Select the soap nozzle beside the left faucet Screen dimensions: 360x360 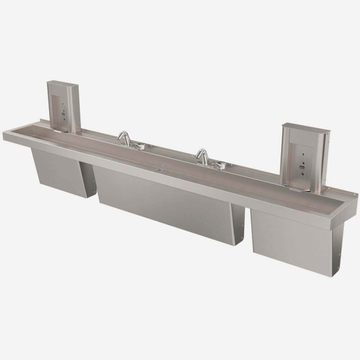tap(139, 146)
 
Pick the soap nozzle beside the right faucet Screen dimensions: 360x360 tap(218, 165)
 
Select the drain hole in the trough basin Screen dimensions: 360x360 tap(158, 168)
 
